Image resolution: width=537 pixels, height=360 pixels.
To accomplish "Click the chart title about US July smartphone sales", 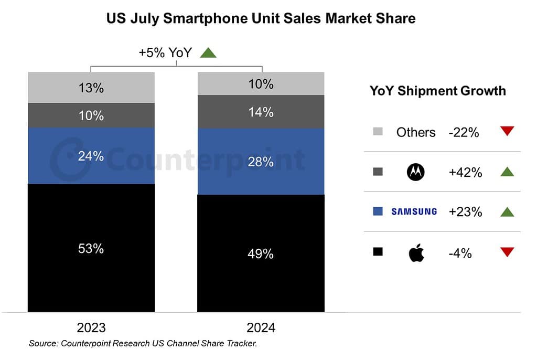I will coord(261,18).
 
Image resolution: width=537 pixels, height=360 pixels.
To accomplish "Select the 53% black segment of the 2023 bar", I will coord(91,248).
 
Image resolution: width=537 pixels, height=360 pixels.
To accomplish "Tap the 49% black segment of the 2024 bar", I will coord(261,253).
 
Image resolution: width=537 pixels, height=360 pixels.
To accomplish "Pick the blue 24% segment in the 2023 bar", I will coord(91,156).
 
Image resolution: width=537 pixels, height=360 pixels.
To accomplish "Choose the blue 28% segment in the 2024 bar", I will coord(261,162).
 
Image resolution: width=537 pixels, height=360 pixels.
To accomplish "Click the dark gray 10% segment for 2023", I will coord(91,115).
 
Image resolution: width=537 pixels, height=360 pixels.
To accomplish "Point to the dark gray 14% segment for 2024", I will coord(261,112).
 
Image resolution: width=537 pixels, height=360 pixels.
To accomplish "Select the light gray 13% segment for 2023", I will coord(91,88).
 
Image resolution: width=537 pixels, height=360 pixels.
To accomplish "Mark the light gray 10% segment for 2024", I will coord(261,84).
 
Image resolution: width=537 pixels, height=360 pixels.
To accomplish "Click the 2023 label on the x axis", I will coord(91,328).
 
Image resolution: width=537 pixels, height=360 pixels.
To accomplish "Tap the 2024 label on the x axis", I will coord(261,328).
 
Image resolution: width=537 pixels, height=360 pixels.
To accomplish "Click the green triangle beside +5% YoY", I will coord(208,52).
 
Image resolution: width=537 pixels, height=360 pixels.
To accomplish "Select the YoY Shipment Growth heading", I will coord(438,91).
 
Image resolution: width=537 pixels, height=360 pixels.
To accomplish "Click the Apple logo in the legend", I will coord(416,253).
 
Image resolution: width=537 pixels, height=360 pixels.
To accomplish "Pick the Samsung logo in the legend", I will coord(414,211).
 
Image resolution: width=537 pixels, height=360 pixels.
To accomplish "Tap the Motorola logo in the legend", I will coord(416,172).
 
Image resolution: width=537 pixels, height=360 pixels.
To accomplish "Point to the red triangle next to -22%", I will coord(507,131).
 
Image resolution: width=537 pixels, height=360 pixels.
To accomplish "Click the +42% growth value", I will coord(465,172).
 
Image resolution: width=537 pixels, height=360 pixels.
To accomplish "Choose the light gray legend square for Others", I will coord(378,131).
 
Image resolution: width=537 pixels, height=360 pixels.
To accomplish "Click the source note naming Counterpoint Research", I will coord(143,344).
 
